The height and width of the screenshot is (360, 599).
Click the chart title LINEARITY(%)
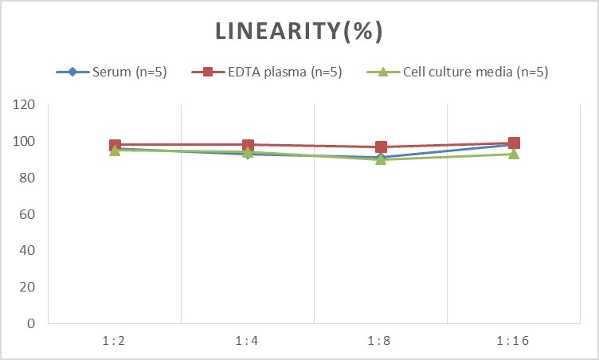[299, 31]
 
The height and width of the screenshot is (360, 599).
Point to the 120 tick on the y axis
[25, 105]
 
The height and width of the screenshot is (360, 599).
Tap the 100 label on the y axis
[25, 142]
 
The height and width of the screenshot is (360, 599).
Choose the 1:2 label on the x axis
[115, 340]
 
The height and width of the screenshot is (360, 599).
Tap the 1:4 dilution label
[248, 340]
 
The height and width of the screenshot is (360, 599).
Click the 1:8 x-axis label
[381, 340]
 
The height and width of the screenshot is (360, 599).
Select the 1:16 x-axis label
[514, 340]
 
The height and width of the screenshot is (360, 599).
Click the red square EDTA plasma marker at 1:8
[381, 147]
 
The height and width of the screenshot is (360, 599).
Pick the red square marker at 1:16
[514, 143]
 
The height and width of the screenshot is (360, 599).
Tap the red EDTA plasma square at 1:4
[248, 145]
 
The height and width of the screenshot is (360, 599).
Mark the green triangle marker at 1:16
[514, 154]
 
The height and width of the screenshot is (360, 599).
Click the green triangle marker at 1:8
[381, 159]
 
